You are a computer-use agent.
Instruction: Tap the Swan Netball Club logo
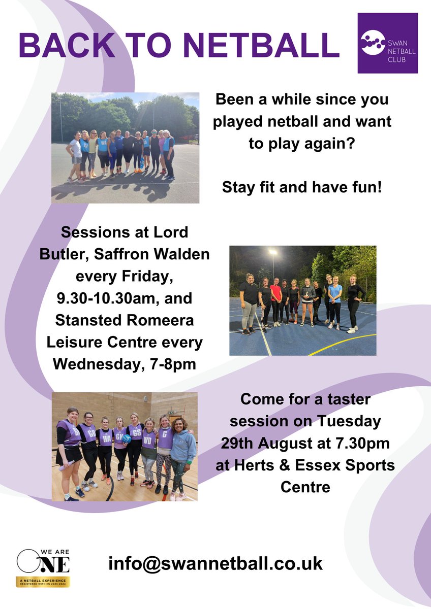387,44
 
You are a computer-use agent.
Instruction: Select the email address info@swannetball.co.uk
216,564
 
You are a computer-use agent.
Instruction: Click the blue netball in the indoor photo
127,438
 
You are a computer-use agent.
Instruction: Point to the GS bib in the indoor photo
136,432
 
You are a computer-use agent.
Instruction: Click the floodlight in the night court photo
273,252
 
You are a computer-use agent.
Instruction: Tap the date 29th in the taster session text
239,443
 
